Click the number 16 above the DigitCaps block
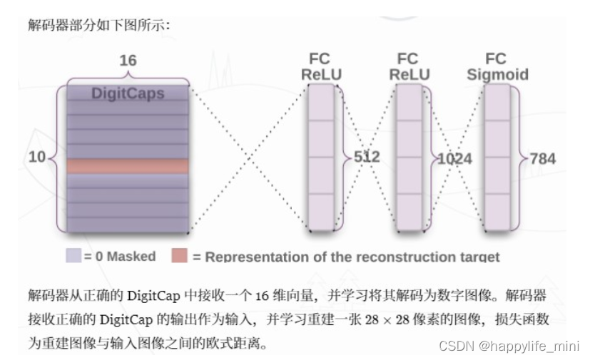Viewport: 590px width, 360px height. tap(128, 61)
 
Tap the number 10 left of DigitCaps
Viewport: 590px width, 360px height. tap(36, 157)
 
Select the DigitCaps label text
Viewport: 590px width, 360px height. tap(128, 93)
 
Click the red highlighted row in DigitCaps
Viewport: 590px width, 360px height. tap(128, 166)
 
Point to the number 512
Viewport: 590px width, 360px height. tap(367, 157)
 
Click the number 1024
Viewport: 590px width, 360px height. tap(454, 158)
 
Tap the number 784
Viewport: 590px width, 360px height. tap(541, 158)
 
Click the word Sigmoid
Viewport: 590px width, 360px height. tap(497, 75)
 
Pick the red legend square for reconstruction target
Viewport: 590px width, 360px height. tap(180, 256)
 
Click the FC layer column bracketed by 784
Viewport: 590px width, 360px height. tap(497, 157)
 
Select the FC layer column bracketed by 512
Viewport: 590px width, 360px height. tap(321, 157)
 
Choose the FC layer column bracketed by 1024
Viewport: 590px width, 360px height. tap(410, 157)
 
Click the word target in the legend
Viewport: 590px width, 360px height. tap(478, 257)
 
